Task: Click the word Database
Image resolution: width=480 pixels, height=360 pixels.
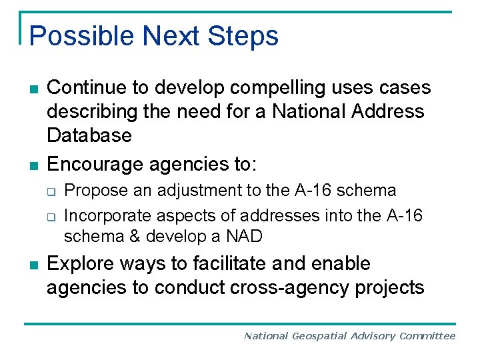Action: tap(89, 135)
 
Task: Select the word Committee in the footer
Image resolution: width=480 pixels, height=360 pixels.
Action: tap(427, 336)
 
